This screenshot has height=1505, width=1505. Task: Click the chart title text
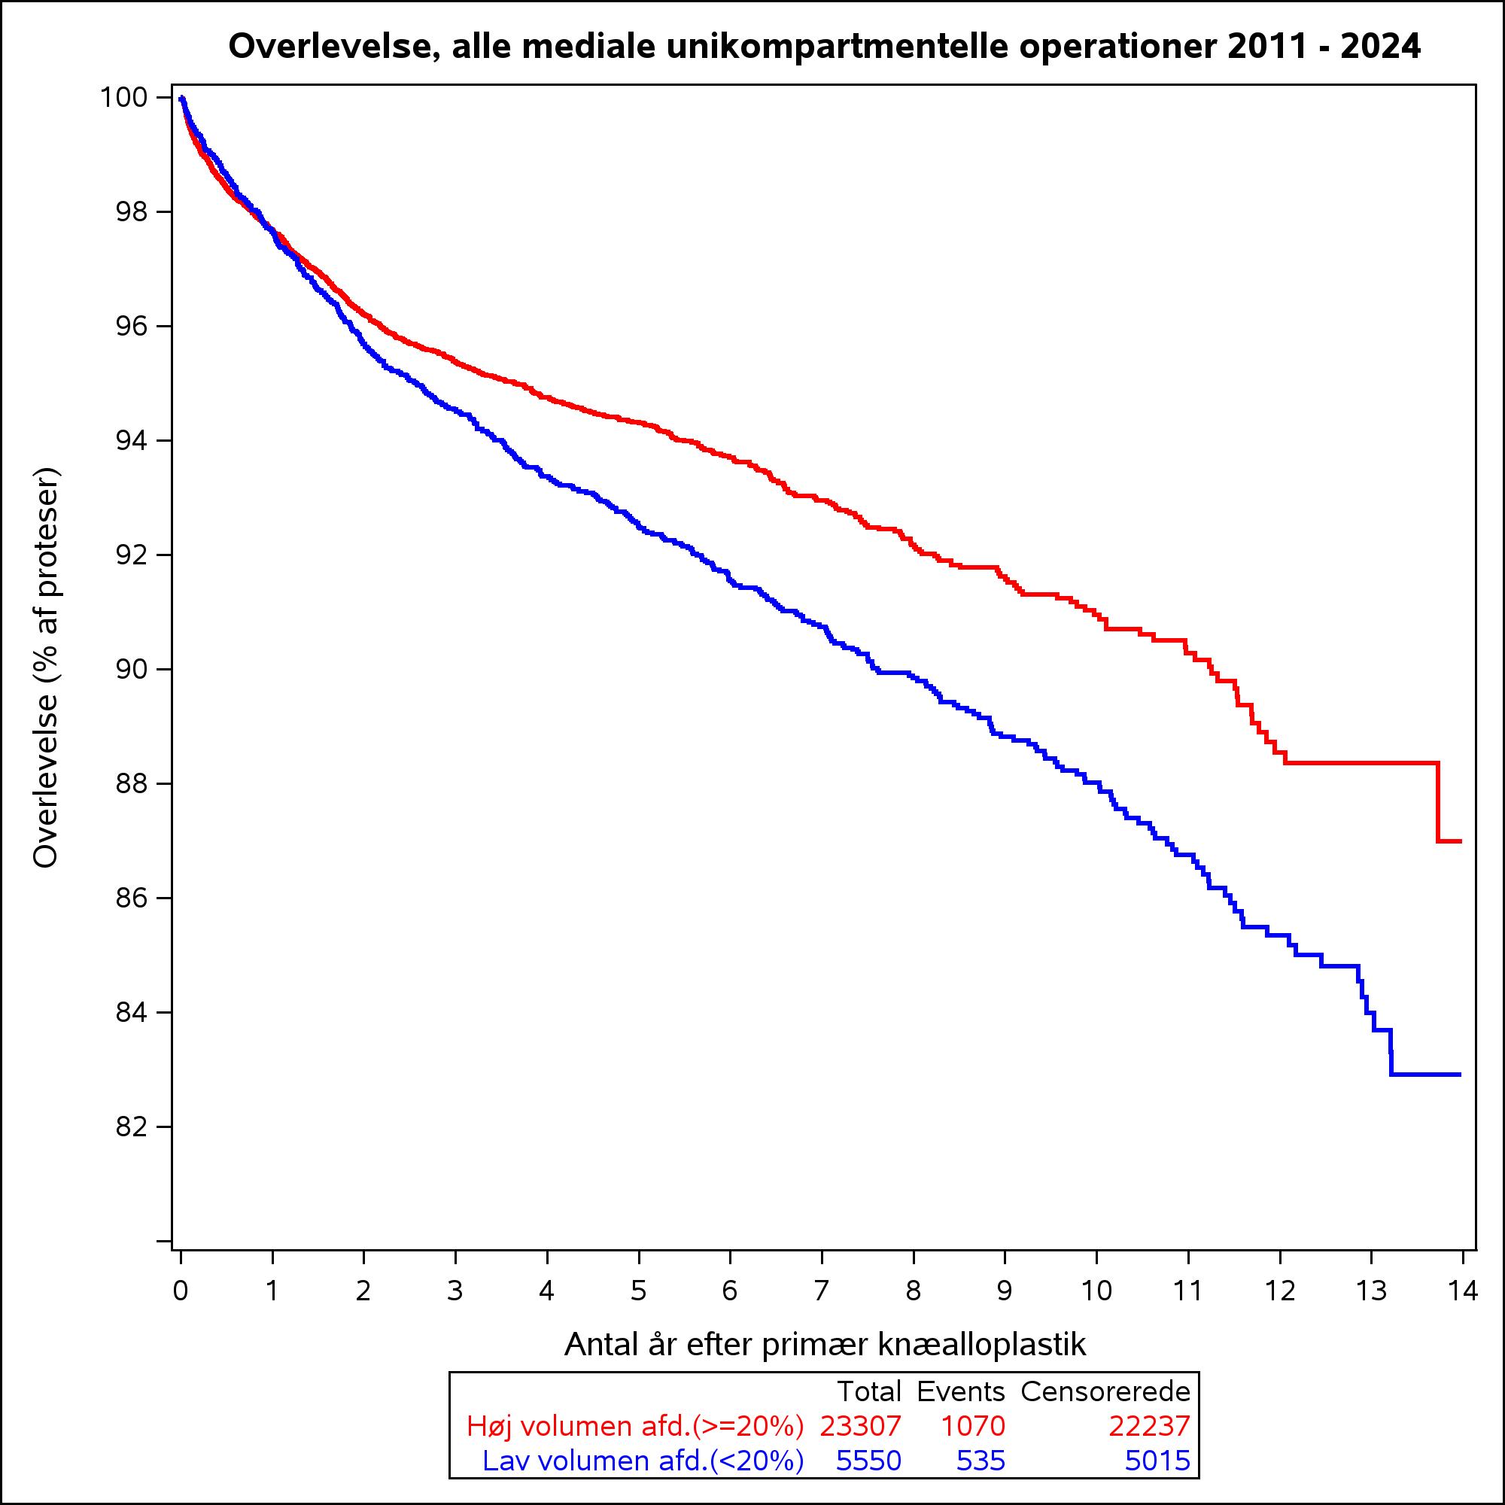tap(824, 47)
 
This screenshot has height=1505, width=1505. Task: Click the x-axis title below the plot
tap(824, 1344)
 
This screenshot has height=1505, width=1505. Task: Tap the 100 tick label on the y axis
tap(124, 97)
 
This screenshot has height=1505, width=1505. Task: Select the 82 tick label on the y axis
tap(132, 1127)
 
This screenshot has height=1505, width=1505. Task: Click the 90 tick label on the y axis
tap(132, 670)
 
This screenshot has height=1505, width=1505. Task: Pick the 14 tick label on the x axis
tap(1462, 1291)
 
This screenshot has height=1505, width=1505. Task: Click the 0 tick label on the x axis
tap(181, 1291)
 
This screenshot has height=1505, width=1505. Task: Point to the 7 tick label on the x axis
tap(821, 1291)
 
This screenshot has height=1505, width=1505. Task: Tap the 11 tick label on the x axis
tap(1187, 1291)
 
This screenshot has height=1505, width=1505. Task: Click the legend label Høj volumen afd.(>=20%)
tap(635, 1426)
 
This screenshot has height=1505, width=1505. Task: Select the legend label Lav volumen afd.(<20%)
tap(643, 1461)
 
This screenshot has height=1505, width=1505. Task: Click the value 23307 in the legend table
tap(860, 1426)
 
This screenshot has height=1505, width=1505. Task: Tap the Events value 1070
tap(973, 1426)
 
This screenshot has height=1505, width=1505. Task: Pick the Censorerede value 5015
tap(1157, 1461)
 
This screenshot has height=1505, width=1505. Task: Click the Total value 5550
tap(868, 1461)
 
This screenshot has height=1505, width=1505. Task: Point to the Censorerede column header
tap(1105, 1391)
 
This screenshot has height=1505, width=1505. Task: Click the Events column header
tap(961, 1391)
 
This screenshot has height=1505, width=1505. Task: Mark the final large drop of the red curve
tap(1437, 801)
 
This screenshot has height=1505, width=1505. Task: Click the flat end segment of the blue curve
tap(1425, 1075)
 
